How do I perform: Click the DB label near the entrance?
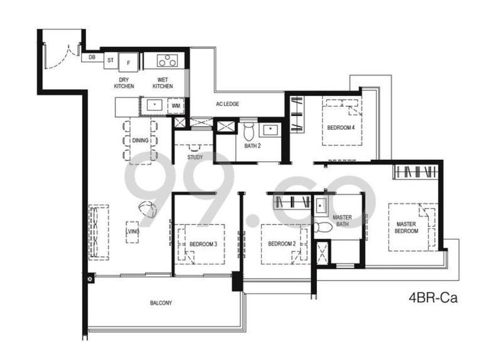tap(92, 58)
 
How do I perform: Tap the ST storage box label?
tap(110, 60)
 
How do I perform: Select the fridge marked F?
tap(129, 61)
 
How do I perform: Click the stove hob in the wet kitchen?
tap(167, 61)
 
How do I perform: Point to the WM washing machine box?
tap(176, 106)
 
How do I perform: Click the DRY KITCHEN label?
tap(124, 83)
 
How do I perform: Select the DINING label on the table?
tap(141, 140)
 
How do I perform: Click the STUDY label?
tap(195, 157)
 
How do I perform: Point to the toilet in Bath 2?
tap(249, 131)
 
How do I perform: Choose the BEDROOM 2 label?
tap(282, 243)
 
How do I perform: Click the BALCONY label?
tap(161, 303)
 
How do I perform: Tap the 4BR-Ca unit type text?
tap(433, 298)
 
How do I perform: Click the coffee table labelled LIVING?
tap(132, 231)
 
